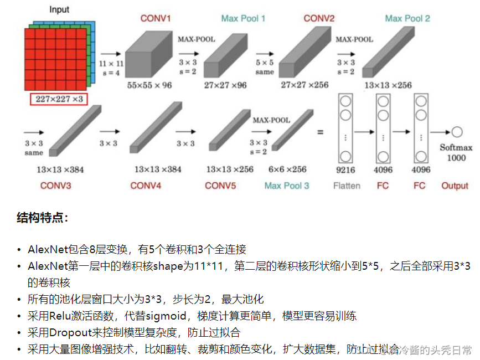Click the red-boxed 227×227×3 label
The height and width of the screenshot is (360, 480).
tap(59, 99)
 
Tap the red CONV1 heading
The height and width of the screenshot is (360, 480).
tap(156, 18)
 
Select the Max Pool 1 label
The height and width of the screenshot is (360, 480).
tap(243, 18)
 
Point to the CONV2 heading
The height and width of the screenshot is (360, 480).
tap(319, 18)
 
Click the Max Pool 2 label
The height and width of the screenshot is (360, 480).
tap(407, 18)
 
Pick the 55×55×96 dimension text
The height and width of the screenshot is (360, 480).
tap(149, 85)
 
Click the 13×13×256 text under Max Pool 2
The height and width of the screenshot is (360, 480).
tap(388, 85)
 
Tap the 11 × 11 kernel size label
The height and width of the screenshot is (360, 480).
tap(111, 64)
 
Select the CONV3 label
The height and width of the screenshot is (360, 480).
tap(55, 186)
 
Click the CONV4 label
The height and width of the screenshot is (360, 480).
tap(146, 186)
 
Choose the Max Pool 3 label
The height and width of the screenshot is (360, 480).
tap(287, 186)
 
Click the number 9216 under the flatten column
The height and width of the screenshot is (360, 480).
tap(346, 171)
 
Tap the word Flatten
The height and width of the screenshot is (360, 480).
tap(347, 186)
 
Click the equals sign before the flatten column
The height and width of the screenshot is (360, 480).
tap(319, 132)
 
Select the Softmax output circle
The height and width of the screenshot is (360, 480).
tap(457, 132)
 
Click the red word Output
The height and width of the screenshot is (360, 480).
tap(455, 186)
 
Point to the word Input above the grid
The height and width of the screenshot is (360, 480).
tap(59, 10)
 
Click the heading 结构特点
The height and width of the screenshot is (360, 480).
tap(42, 218)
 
